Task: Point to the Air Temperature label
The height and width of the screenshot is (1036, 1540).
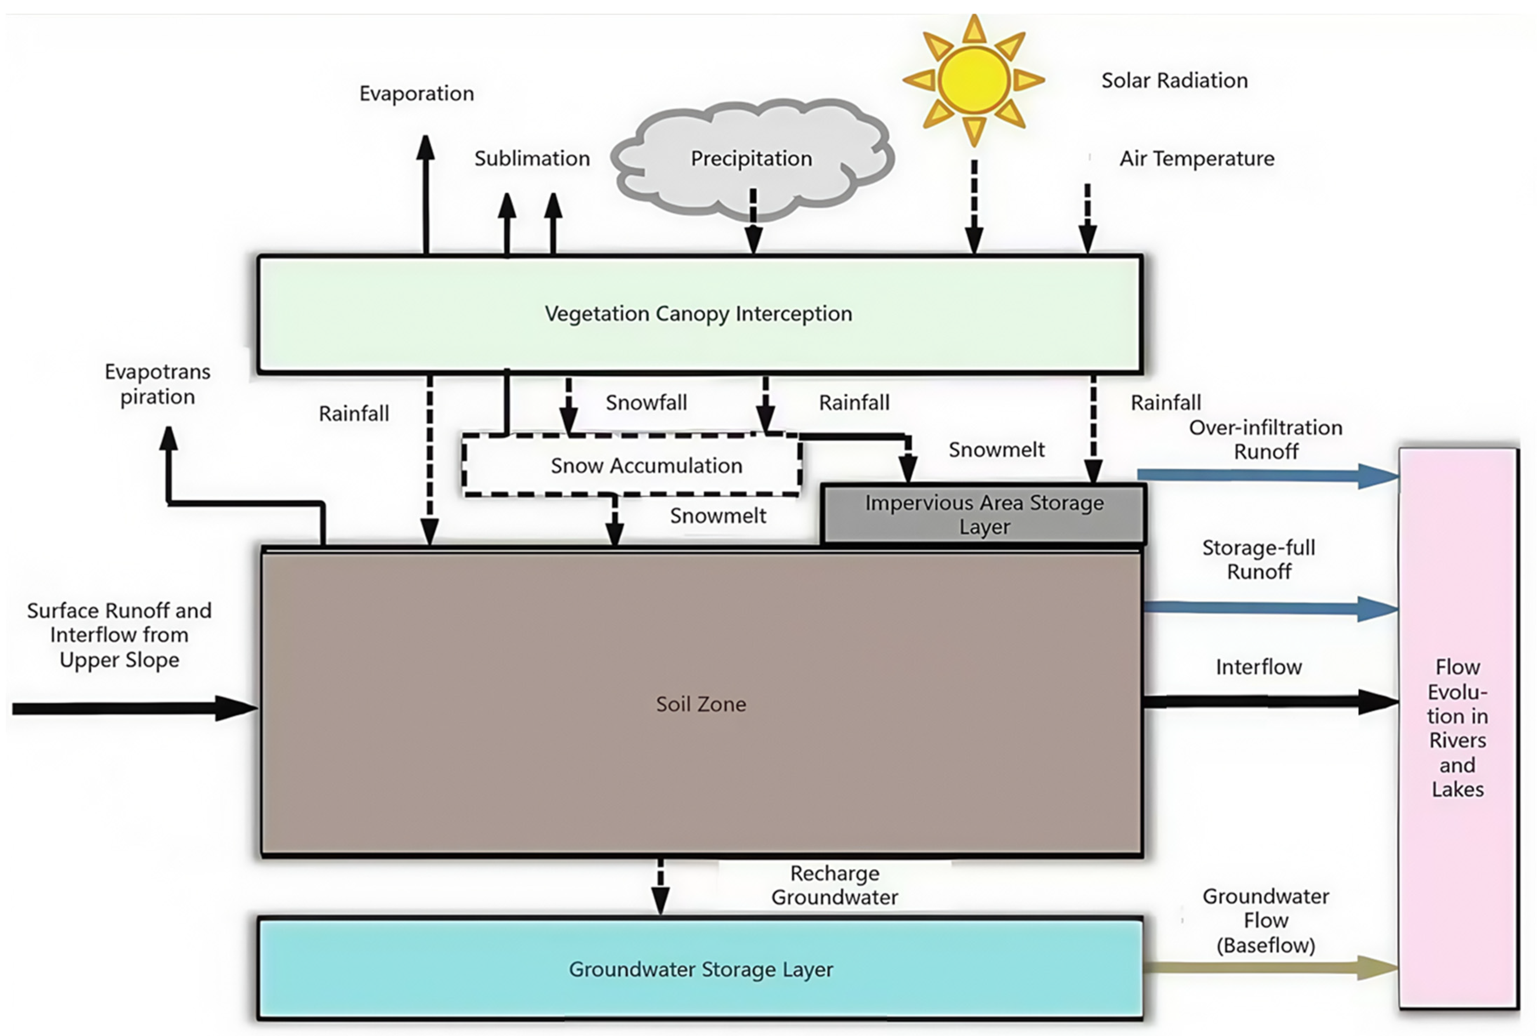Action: coord(1196,159)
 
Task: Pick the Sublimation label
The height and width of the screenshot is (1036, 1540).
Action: coord(532,159)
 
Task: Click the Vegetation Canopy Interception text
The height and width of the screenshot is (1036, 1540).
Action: coord(698,313)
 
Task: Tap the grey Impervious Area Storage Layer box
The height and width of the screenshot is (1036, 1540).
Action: coord(984,514)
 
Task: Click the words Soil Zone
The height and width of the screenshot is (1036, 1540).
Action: coord(701,704)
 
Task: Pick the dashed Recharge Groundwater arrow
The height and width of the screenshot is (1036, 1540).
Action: coord(659,887)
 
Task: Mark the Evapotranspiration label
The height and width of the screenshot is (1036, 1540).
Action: coord(157,384)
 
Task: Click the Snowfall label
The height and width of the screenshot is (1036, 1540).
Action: coord(646,403)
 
